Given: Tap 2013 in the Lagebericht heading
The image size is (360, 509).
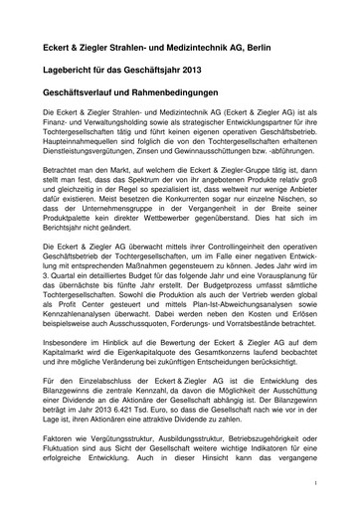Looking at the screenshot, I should [x=223, y=74].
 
